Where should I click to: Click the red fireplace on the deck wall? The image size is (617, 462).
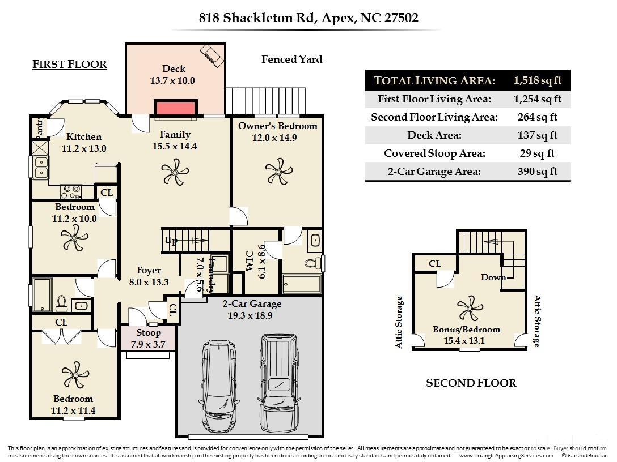click(x=176, y=108)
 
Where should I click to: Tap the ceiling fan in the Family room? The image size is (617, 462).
click(x=174, y=172)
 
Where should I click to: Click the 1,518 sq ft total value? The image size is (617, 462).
click(x=536, y=80)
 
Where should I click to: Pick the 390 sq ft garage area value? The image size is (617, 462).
click(x=536, y=172)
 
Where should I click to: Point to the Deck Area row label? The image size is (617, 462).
click(x=434, y=135)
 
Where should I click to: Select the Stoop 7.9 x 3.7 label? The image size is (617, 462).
click(x=148, y=338)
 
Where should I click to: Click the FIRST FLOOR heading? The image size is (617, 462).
click(x=70, y=65)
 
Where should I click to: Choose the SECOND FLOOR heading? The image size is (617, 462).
click(x=471, y=383)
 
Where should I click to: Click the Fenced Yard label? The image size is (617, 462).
click(x=291, y=59)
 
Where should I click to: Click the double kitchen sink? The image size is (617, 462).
click(x=41, y=167)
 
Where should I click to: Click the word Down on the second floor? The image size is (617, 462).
click(x=493, y=277)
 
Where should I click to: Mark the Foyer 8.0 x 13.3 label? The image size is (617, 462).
click(x=149, y=276)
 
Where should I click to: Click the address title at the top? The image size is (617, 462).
click(x=308, y=18)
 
